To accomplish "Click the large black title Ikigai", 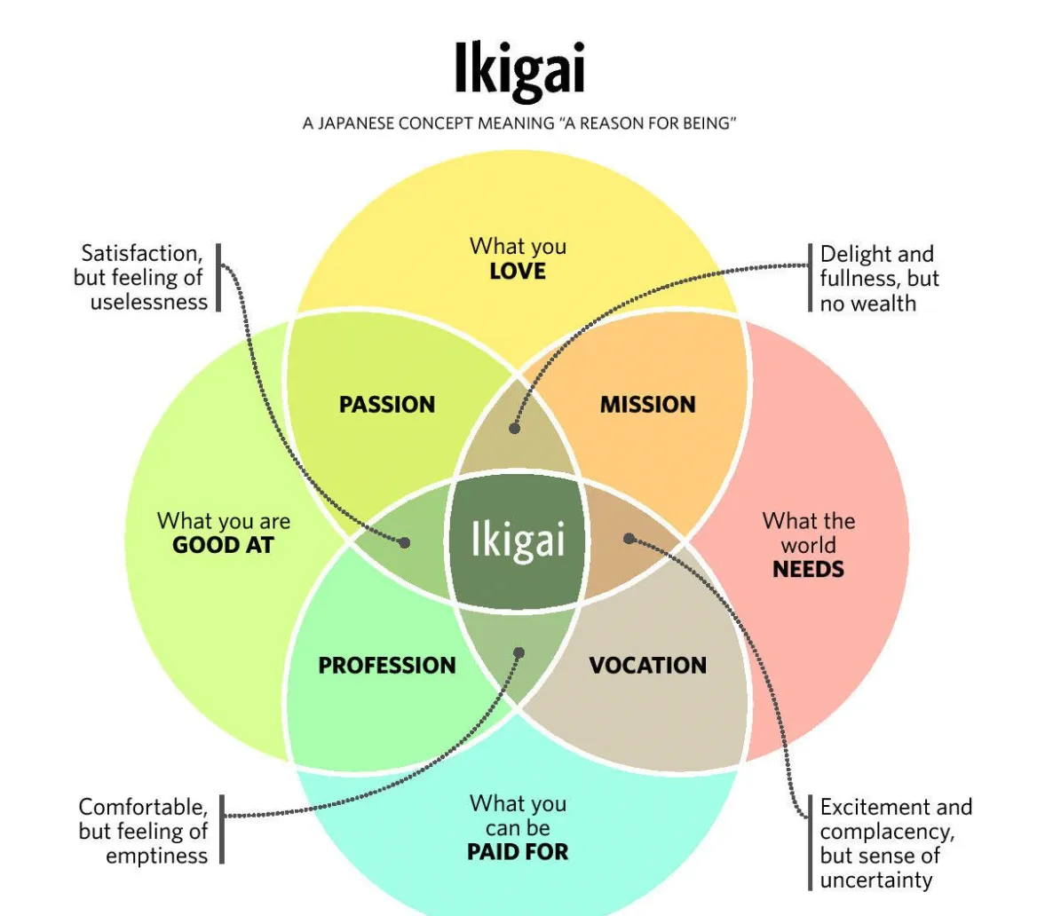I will pos(519,69).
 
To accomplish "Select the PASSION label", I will pos(387,405).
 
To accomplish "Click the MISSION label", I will pos(648,405).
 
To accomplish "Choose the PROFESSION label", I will pos(387,666).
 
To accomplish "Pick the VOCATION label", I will pos(648,666).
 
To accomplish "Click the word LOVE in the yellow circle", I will pos(518,272).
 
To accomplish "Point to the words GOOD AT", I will pos(223,545).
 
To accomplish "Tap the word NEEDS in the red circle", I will pos(808,569).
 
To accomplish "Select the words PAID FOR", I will pos(518,852).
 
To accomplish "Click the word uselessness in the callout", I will pos(149,302).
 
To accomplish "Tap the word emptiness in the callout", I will pos(157,856).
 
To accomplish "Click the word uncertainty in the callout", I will pos(876,880).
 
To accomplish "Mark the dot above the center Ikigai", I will pos(514,428).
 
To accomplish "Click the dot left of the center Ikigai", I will pos(405,541).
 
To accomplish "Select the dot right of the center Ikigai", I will pos(629,538).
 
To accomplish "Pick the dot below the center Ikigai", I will pos(519,653).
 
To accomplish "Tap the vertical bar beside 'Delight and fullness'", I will pos(811,278).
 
